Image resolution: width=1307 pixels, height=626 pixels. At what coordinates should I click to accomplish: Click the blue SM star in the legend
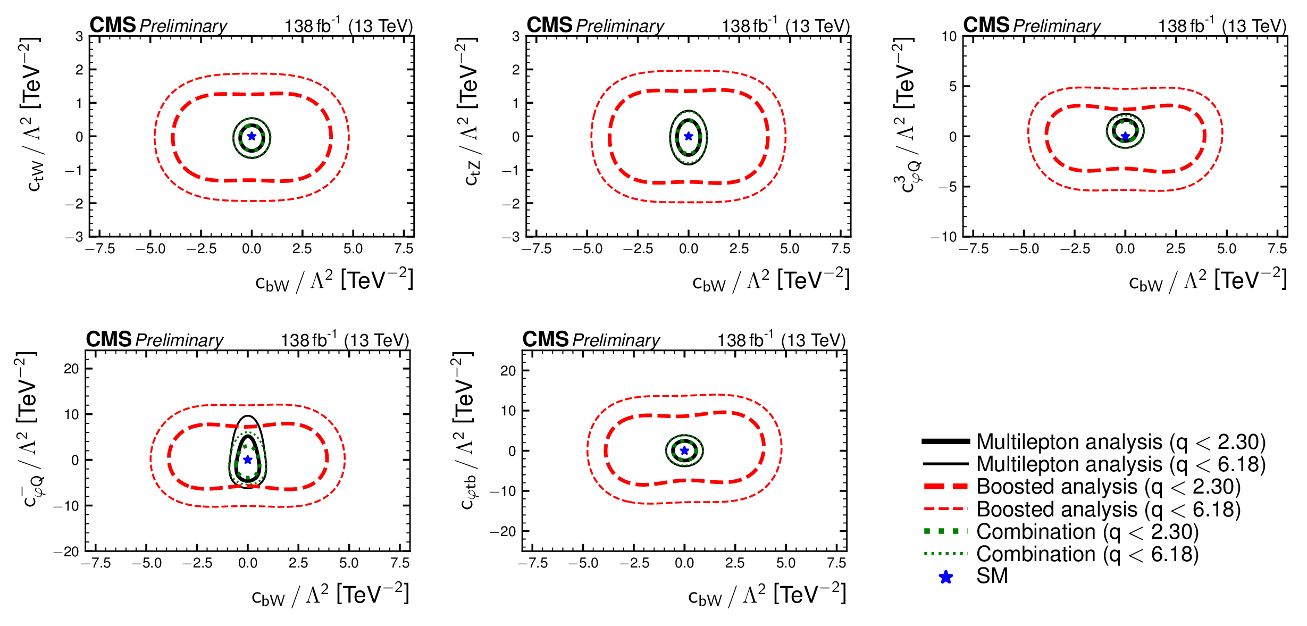[x=946, y=577]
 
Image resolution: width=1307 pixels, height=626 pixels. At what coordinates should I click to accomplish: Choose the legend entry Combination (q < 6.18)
[x=1087, y=554]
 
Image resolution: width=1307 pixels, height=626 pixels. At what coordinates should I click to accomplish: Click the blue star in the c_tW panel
[x=252, y=136]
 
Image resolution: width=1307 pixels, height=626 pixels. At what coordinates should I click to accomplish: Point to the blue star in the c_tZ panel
[x=689, y=136]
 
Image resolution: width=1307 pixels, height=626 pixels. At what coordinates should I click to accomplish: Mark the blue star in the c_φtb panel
[x=684, y=450]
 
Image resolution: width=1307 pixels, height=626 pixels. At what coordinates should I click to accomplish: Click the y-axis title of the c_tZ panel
[x=469, y=112]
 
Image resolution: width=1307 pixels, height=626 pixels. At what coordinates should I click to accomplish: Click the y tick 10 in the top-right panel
[x=949, y=37]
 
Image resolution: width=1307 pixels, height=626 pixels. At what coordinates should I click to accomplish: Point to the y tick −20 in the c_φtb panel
[x=502, y=531]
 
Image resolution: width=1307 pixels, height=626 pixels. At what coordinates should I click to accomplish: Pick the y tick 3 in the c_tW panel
[x=79, y=37]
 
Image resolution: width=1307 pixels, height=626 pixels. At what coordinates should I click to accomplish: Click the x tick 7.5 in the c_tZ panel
[x=841, y=249]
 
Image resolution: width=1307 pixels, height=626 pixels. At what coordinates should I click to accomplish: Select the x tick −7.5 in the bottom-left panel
[x=96, y=563]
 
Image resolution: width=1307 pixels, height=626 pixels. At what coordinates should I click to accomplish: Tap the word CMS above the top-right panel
[x=986, y=25]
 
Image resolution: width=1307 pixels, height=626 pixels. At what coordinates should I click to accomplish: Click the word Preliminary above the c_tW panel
[x=183, y=26]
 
